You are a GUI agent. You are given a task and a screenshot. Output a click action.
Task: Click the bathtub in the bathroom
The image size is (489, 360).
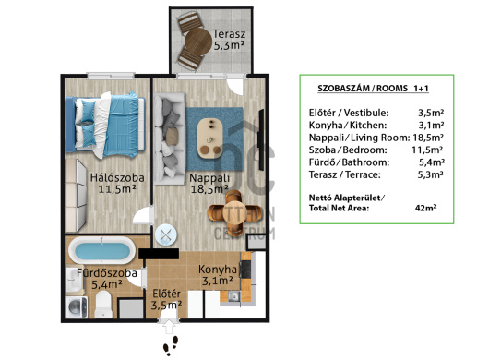[102, 250]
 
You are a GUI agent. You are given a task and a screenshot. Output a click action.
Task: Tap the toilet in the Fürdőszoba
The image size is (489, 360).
[103, 304]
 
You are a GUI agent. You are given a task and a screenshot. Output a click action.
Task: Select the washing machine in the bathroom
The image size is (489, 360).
[77, 307]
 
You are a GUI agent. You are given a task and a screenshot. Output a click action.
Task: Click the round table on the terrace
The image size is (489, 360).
[197, 41]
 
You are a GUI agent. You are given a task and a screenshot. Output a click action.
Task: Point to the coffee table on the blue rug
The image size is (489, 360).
[209, 138]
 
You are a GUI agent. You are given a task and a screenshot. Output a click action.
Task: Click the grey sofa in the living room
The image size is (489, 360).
[170, 138]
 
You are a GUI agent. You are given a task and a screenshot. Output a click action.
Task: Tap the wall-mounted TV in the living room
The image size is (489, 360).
[261, 139]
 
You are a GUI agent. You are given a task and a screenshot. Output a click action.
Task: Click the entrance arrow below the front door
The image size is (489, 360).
[169, 327]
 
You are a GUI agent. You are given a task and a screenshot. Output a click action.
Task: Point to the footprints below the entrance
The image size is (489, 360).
[171, 345]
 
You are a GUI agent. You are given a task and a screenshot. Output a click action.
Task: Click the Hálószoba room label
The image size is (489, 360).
[117, 178]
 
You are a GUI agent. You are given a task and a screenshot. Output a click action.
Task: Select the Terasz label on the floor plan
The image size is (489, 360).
[229, 33]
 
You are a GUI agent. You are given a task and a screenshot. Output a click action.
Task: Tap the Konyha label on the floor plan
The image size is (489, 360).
[218, 270]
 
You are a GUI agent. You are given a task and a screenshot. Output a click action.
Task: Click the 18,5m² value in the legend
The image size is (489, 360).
[428, 138]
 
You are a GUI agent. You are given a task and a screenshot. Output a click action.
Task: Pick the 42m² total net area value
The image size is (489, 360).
[425, 208]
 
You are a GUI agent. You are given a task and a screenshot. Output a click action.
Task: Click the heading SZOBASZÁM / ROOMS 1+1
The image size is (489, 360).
[374, 89]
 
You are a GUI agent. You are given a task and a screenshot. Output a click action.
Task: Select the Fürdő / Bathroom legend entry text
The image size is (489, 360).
[350, 162]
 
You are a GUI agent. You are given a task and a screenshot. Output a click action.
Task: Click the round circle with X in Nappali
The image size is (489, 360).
[166, 234]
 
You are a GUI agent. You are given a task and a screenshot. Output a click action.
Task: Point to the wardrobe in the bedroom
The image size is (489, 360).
[76, 196]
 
